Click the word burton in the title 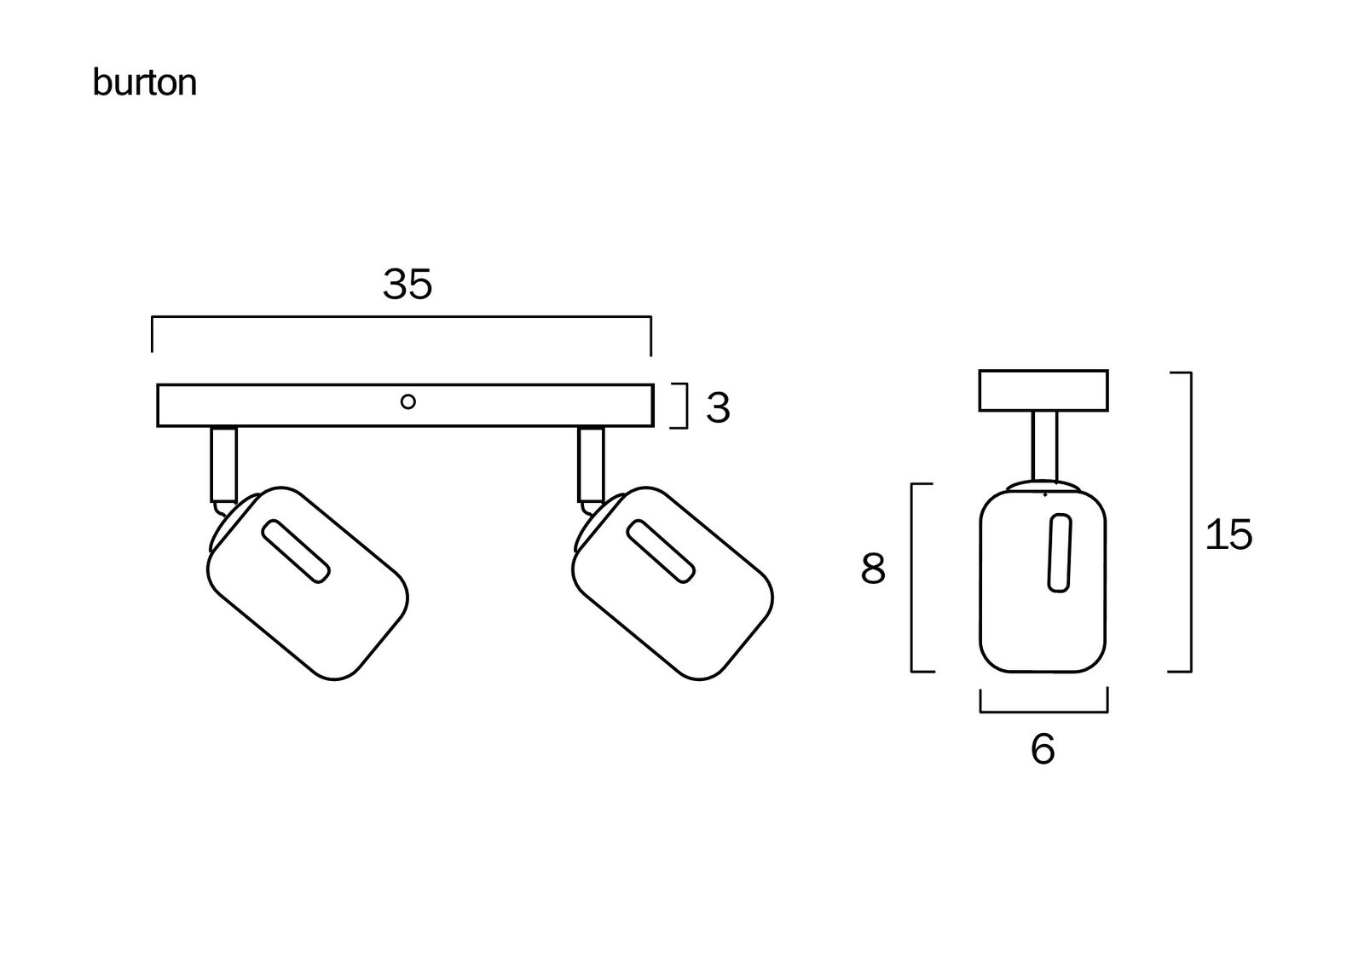coord(144,83)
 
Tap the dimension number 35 coord(407,284)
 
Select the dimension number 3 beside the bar coord(718,408)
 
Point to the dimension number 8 coord(873,569)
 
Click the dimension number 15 coord(1228,534)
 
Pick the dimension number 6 coord(1043,749)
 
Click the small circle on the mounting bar coord(408,402)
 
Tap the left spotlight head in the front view coord(308,583)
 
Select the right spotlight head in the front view coord(673,583)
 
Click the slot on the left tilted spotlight coord(296,551)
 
